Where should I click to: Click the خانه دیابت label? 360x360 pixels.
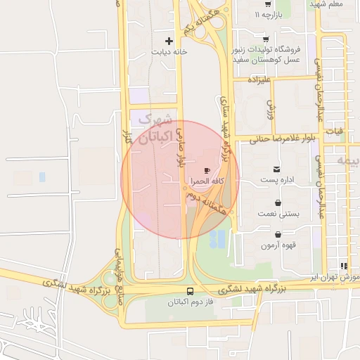point(169,53)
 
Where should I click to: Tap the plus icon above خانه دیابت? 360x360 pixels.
point(169,41)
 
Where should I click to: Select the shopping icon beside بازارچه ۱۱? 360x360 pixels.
point(244,14)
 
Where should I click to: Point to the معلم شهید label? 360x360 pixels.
point(326,5)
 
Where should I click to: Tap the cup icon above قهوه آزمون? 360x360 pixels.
point(279,234)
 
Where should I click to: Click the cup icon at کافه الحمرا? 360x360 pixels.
point(207,170)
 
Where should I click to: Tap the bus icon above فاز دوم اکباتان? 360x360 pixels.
point(190,291)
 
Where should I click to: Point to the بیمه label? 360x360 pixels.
point(349,161)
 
